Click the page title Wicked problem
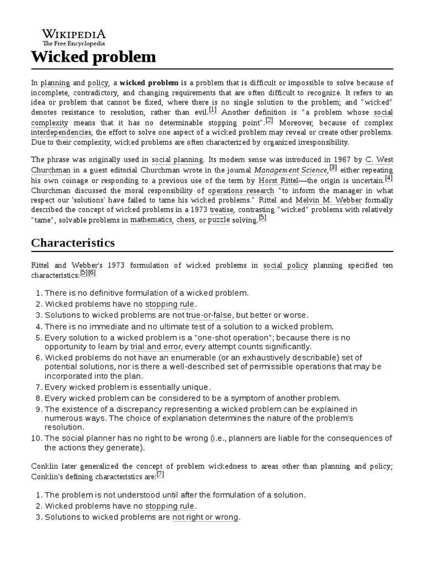[x=93, y=56]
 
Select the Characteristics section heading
[x=73, y=243]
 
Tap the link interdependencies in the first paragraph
[x=61, y=133]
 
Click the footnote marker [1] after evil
[x=213, y=110]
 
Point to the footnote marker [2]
[x=269, y=120]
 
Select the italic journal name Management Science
[x=291, y=170]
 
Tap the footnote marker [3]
[x=333, y=168]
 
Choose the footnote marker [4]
[x=389, y=178]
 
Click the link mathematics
[x=151, y=220]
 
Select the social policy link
[x=285, y=265]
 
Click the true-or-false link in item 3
[x=209, y=315]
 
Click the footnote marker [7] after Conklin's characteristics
[x=160, y=474]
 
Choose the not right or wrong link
[x=205, y=517]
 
